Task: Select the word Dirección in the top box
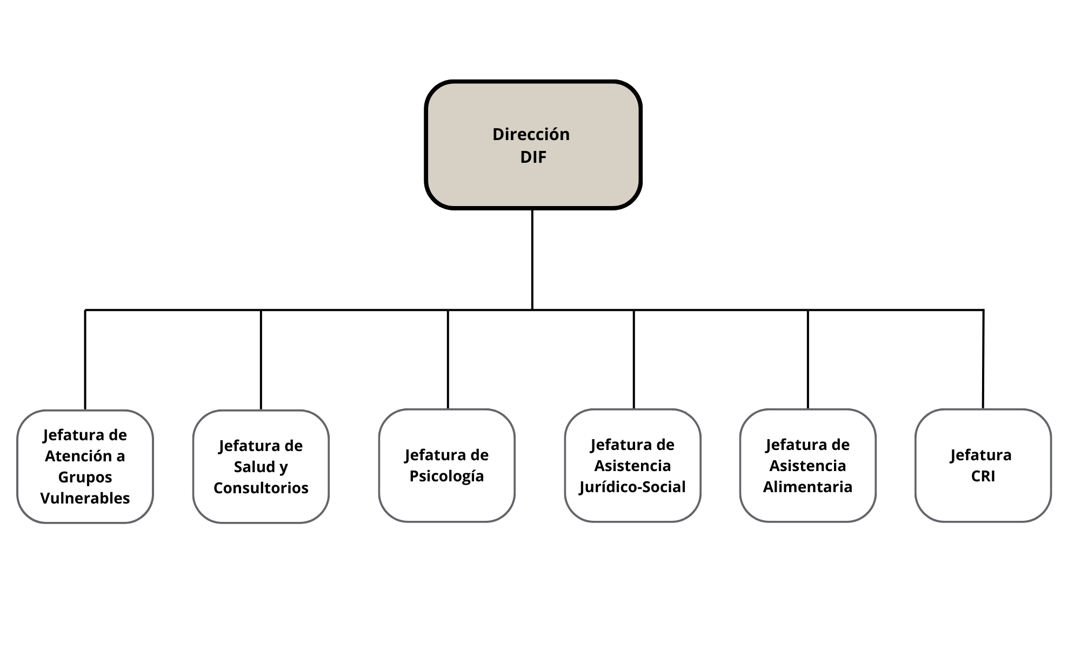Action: click(x=531, y=134)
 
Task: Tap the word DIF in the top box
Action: click(x=533, y=157)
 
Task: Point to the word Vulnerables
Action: click(x=85, y=498)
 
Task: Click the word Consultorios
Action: click(x=261, y=488)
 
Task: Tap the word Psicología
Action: click(x=446, y=476)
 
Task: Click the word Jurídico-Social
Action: click(x=632, y=487)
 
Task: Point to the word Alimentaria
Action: click(x=808, y=487)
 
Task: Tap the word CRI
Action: click(x=983, y=476)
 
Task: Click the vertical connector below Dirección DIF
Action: click(x=532, y=260)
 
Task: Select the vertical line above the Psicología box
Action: click(x=448, y=360)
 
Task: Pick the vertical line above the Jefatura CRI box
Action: click(x=983, y=360)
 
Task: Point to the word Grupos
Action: click(x=85, y=477)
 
